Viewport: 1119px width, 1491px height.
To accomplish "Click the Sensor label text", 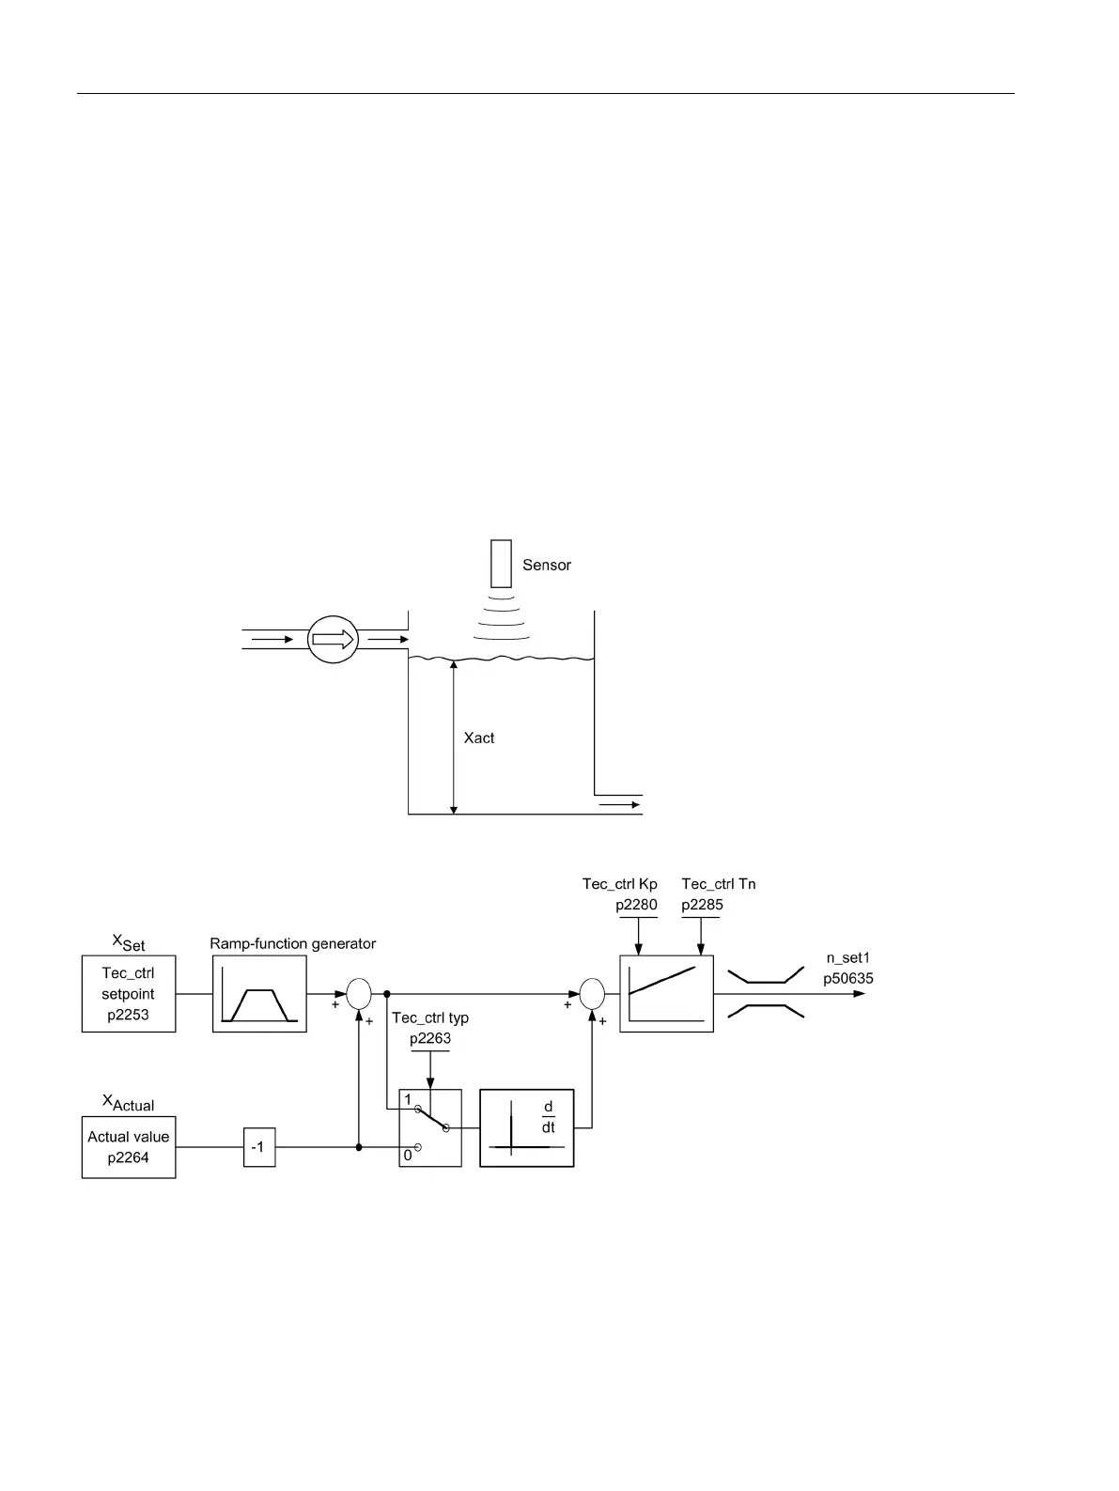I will click(x=546, y=565).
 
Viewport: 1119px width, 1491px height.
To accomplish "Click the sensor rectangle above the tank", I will click(x=501, y=564).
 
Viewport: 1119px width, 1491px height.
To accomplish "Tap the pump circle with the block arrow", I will click(x=334, y=640).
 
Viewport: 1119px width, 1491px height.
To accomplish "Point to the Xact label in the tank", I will click(x=479, y=738).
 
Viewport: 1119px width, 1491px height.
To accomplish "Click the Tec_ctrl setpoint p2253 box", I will click(x=129, y=994).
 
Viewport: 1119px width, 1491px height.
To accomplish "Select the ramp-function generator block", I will click(x=259, y=994).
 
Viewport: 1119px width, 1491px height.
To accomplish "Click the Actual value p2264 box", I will click(x=129, y=1146).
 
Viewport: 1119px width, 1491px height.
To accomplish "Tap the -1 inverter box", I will click(x=259, y=1147).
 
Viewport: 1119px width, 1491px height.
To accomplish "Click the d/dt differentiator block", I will click(x=526, y=1127).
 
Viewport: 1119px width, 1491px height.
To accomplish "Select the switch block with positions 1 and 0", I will click(x=430, y=1127).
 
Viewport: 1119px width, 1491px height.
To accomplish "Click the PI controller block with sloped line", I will click(x=666, y=994).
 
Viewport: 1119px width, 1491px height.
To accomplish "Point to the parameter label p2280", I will click(x=637, y=905).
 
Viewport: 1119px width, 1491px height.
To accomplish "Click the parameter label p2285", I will click(x=702, y=905).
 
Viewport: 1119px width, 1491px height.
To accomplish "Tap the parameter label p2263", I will click(x=430, y=1038).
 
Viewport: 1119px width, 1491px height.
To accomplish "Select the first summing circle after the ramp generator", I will click(x=359, y=993).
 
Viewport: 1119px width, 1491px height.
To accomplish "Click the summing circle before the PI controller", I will click(x=592, y=993).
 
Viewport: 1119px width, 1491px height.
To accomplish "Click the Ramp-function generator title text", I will click(x=292, y=943).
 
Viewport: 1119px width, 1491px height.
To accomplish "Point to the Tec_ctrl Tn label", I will click(x=719, y=884).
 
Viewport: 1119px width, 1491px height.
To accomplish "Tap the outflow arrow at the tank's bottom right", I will click(x=620, y=804).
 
